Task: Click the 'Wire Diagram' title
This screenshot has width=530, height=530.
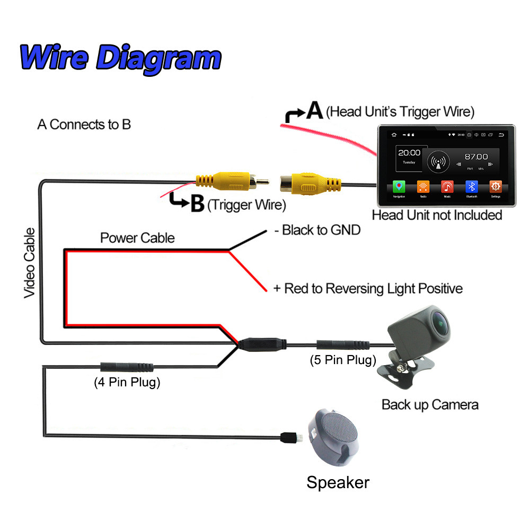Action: pos(120,57)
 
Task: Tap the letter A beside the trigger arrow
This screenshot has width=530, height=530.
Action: pos(315,111)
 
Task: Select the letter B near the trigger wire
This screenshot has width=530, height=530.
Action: pos(197,204)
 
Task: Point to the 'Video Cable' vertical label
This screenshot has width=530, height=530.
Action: pos(30,262)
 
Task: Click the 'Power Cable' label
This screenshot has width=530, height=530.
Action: pos(137,238)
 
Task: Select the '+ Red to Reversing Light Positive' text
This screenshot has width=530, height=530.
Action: pos(368,288)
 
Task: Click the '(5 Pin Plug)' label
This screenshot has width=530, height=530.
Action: pos(343,360)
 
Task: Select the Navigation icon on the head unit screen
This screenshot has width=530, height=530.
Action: pos(399,188)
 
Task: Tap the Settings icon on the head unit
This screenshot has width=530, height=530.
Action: pos(496,188)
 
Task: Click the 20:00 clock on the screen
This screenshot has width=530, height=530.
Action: pos(409,153)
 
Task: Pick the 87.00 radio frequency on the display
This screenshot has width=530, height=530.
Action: pos(476,156)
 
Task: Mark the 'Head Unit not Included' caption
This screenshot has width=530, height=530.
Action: pos(437,215)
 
